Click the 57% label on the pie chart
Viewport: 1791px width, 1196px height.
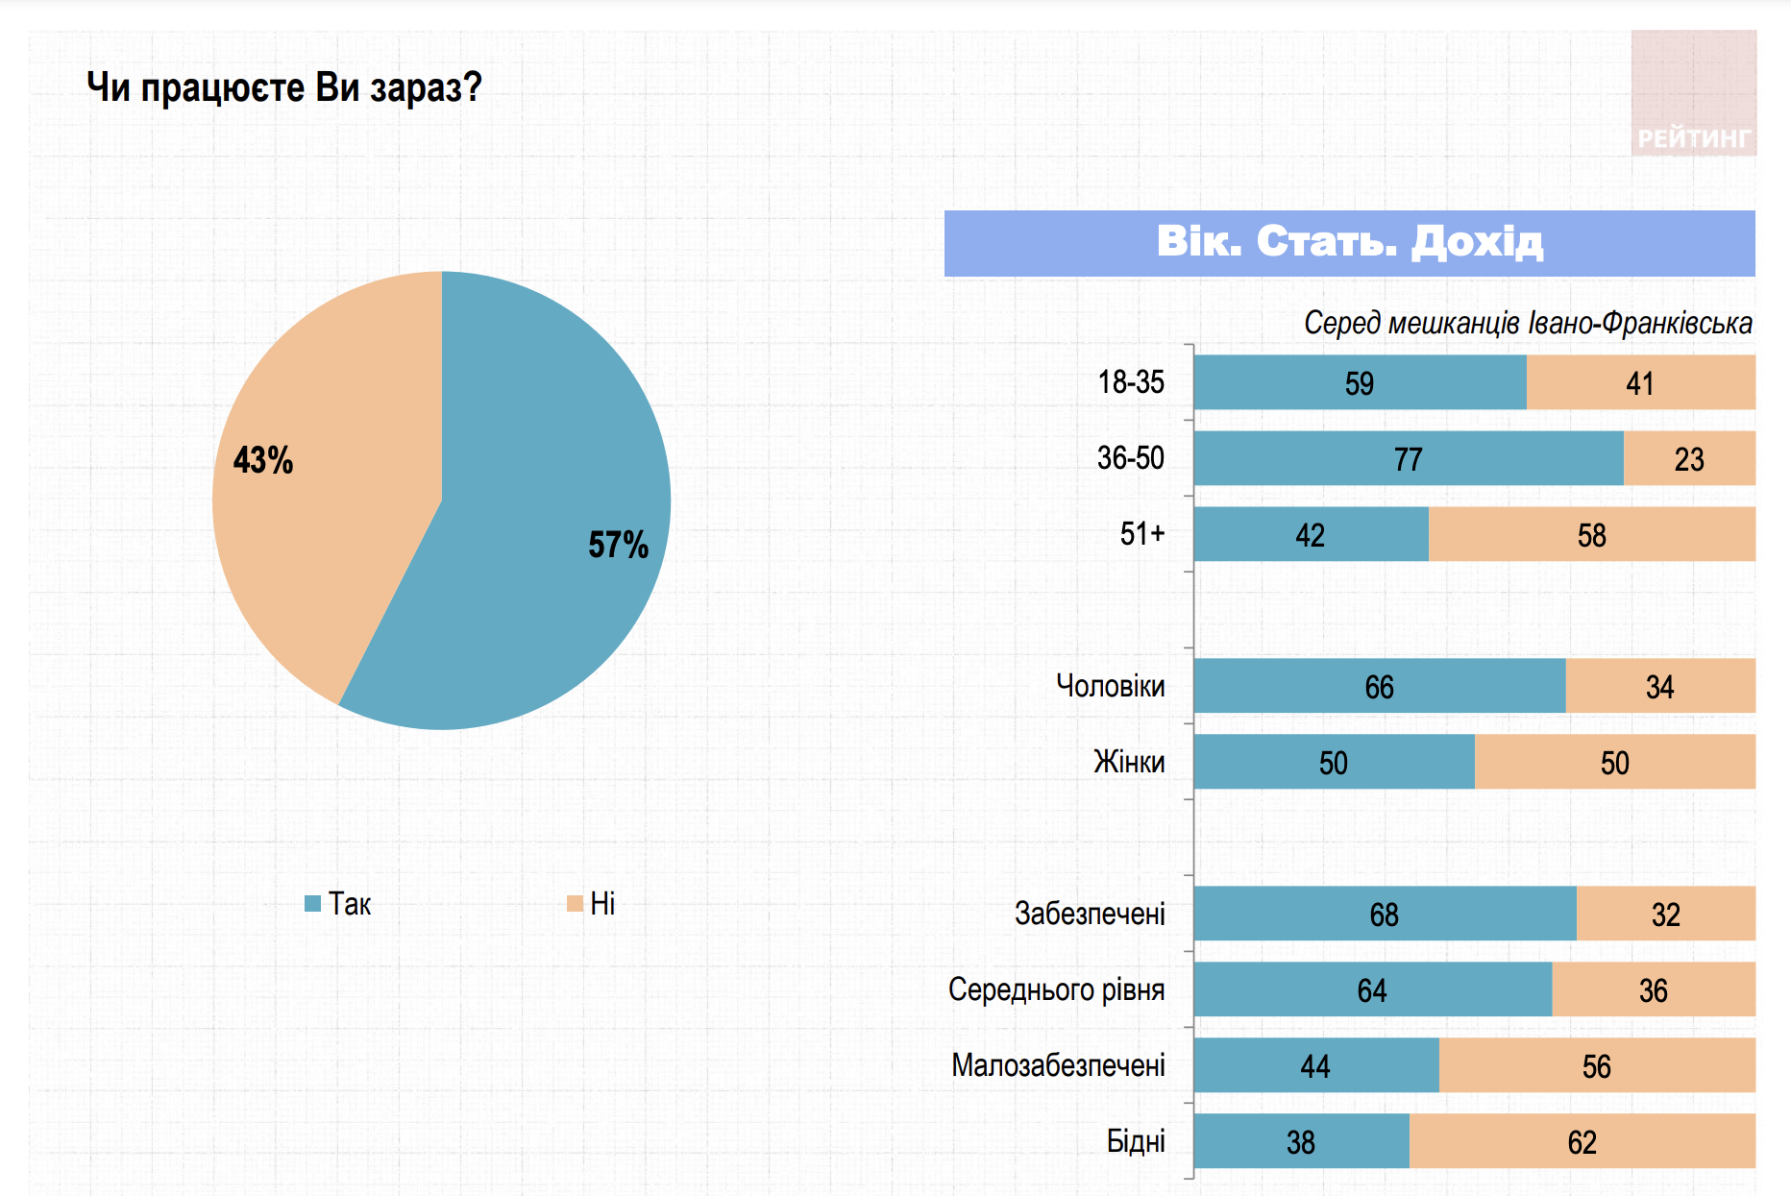pyautogui.click(x=618, y=545)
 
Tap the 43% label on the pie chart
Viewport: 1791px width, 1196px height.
pyautogui.click(x=263, y=460)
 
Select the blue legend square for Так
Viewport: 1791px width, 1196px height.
pyautogui.click(x=312, y=903)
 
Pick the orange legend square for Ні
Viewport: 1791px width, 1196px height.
pyautogui.click(x=575, y=903)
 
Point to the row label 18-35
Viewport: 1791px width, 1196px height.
pyautogui.click(x=1131, y=382)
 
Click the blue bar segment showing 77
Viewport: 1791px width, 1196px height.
pyautogui.click(x=1409, y=458)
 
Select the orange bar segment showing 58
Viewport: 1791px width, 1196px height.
pyautogui.click(x=1591, y=534)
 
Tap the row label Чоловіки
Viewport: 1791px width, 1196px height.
pyautogui.click(x=1110, y=686)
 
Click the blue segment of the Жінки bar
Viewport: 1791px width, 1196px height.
pyautogui.click(x=1334, y=762)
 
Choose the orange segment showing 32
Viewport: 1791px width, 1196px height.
pyautogui.click(x=1665, y=914)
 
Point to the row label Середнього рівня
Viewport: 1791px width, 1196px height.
pyautogui.click(x=1056, y=989)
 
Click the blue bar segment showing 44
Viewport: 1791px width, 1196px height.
pyautogui.click(x=1315, y=1065)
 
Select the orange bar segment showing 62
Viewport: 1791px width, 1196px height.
pyautogui.click(x=1582, y=1141)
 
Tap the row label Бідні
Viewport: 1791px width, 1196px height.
pyautogui.click(x=1136, y=1141)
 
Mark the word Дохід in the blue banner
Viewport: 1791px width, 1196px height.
pyautogui.click(x=1477, y=242)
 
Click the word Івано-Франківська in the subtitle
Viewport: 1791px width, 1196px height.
pyautogui.click(x=1640, y=324)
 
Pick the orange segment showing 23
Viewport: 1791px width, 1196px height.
pyautogui.click(x=1689, y=458)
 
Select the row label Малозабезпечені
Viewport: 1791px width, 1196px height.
pyautogui.click(x=1058, y=1065)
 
